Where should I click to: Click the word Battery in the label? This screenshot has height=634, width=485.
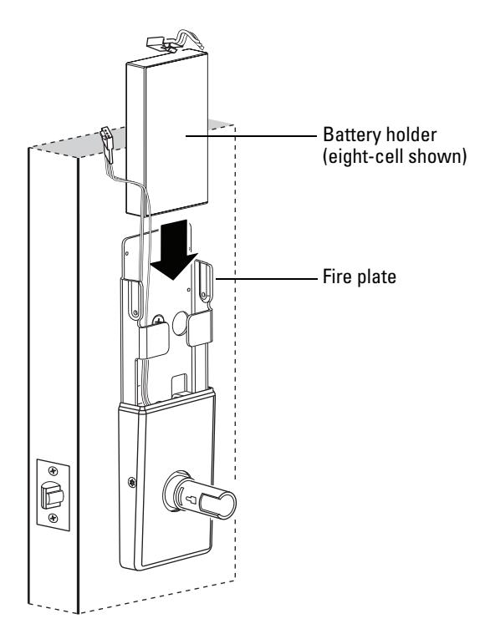(352, 134)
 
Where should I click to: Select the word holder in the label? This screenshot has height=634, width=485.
(411, 134)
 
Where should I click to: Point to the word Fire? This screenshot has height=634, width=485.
(338, 276)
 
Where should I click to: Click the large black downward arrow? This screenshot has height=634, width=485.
(174, 251)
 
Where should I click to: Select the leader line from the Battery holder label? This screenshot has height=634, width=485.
(252, 136)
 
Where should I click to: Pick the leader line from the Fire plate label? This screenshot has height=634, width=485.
(267, 279)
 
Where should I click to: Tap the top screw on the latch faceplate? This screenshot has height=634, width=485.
(53, 470)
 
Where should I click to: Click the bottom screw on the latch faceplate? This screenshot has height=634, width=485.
(53, 518)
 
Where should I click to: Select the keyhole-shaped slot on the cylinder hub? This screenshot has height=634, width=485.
(191, 500)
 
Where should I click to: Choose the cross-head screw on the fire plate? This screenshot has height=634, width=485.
(158, 321)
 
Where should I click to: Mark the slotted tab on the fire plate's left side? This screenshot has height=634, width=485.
(134, 298)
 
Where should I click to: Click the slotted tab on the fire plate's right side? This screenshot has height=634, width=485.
(205, 282)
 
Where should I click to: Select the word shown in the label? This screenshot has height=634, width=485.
(436, 156)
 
